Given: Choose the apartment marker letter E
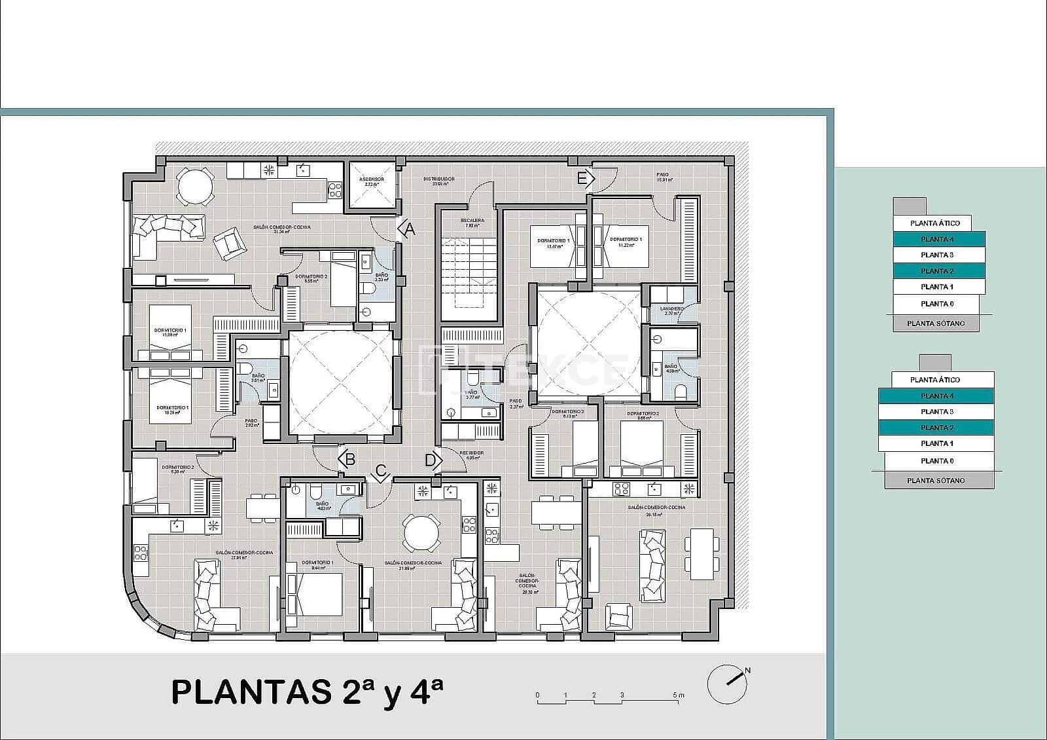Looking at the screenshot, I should tap(582, 178).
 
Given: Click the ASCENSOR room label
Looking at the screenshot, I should tap(372, 179).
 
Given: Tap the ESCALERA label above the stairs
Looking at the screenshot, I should tap(472, 221).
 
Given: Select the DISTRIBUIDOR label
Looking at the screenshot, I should tap(438, 179).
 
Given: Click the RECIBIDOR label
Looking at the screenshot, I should tap(471, 453).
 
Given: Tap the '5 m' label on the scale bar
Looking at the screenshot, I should tap(678, 695).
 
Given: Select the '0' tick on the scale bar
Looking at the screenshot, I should tap(537, 695).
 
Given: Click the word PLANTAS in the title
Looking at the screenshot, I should tap(251, 692).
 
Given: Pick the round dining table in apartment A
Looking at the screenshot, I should tap(195, 187).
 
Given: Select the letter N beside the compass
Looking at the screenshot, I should tap(747, 671).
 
